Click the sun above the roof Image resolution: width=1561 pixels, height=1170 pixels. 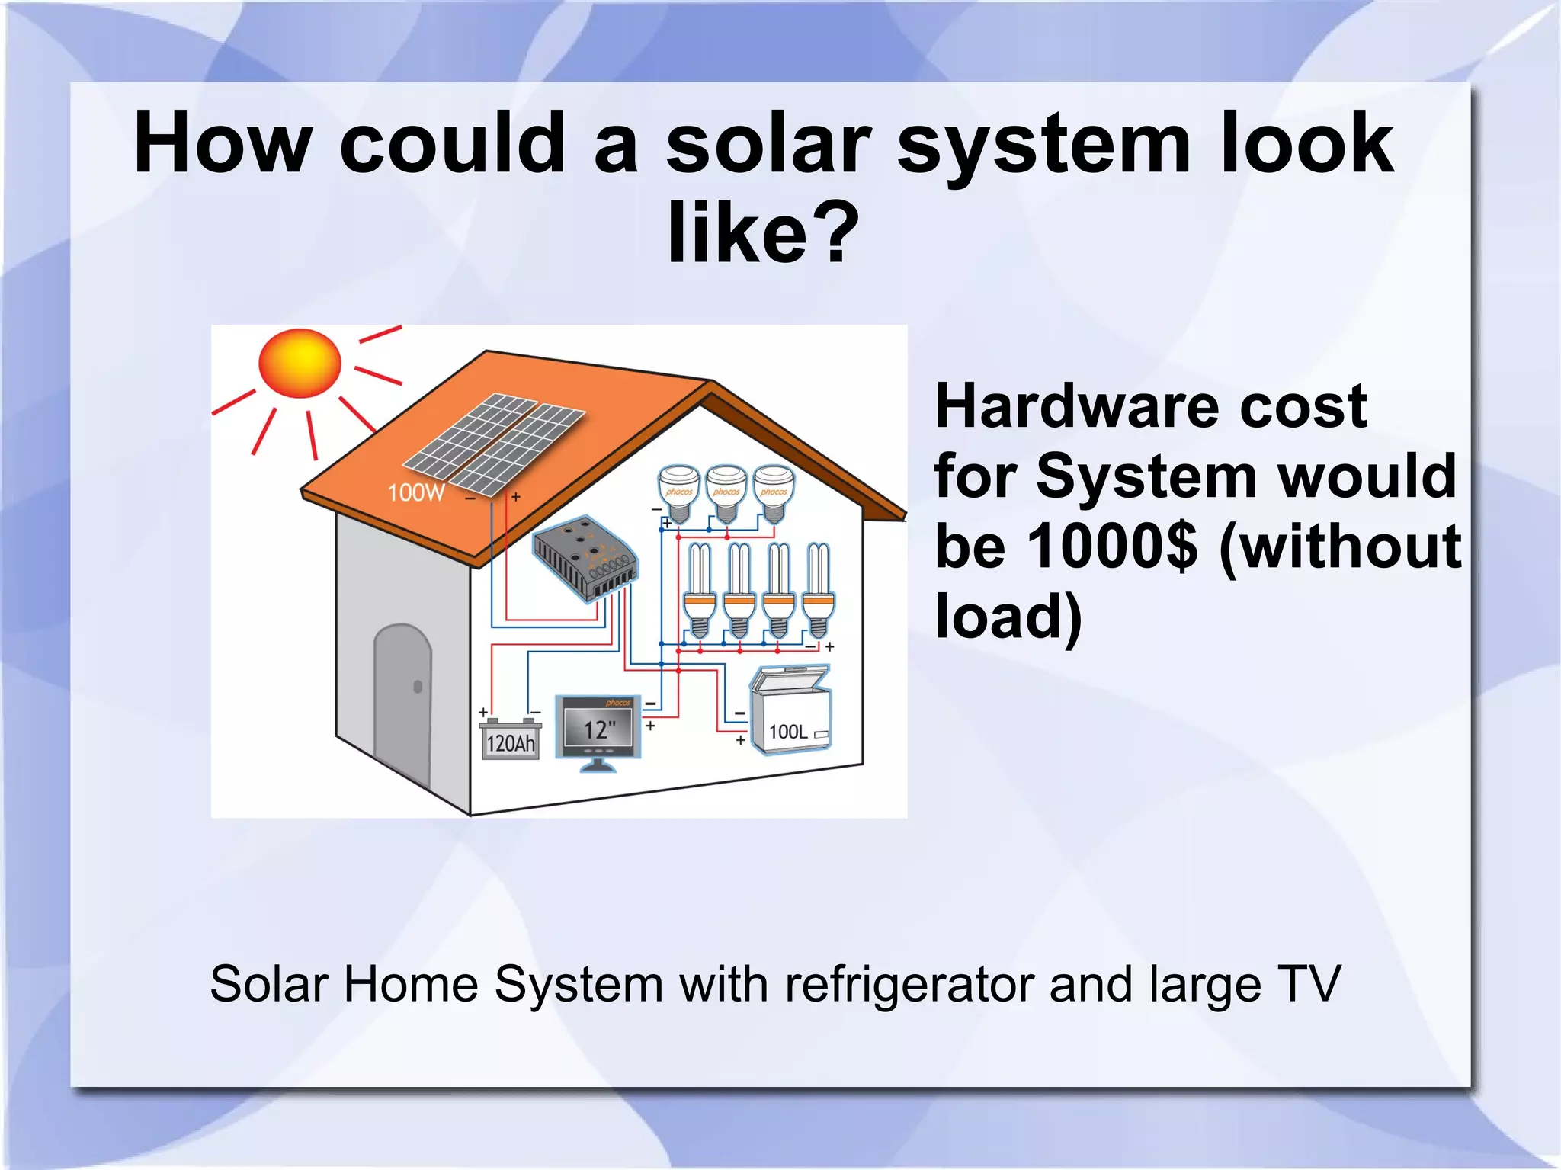click(300, 363)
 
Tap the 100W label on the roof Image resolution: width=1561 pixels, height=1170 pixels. click(416, 493)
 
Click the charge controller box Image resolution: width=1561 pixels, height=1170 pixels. click(585, 559)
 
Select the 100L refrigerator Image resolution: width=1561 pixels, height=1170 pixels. click(791, 712)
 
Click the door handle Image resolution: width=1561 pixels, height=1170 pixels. click(418, 687)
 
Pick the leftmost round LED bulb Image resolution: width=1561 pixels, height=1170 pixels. click(678, 492)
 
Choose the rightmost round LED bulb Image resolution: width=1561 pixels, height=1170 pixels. click(774, 492)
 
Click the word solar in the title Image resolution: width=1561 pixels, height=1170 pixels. click(768, 143)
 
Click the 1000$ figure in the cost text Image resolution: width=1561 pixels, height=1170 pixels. click(1112, 547)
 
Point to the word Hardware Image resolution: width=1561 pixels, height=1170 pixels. click(1079, 406)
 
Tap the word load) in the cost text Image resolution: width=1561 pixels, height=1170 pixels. click(1008, 616)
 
